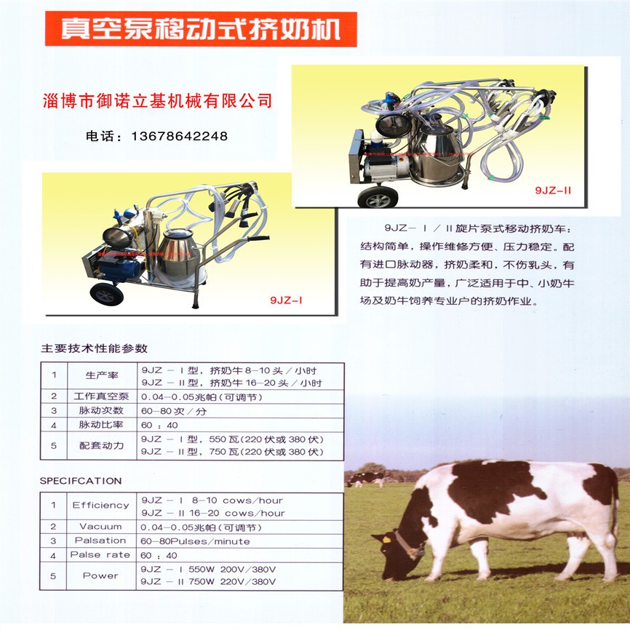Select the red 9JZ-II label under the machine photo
pos(553,190)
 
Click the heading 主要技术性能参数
pos(95,348)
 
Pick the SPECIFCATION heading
pos(81,481)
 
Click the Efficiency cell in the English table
pos(100,506)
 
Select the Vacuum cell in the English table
pos(100,526)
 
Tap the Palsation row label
pos(100,541)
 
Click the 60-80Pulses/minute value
pos(196,541)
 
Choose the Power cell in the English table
pos(100,575)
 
